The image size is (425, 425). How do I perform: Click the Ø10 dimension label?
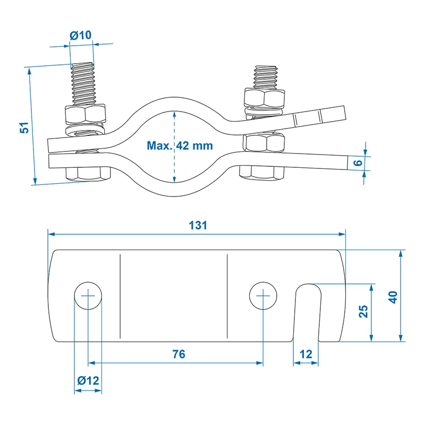(x=81, y=35)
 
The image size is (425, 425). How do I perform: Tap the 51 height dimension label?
(x=24, y=127)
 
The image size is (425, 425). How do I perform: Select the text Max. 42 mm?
(x=180, y=146)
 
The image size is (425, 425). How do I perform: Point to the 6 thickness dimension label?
(x=358, y=163)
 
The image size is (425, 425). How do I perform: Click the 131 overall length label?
(x=198, y=225)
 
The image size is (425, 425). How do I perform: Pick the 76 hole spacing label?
(x=179, y=354)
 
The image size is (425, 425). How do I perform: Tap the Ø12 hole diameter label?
(x=88, y=380)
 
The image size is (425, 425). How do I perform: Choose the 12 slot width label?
(x=306, y=354)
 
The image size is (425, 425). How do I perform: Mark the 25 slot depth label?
(x=363, y=311)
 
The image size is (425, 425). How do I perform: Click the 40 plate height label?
(x=393, y=297)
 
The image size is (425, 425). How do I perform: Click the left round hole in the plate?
(x=88, y=295)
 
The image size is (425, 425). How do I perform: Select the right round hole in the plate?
(x=263, y=295)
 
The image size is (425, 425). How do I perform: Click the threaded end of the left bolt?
(x=83, y=84)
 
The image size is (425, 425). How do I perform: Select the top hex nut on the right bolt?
(x=265, y=98)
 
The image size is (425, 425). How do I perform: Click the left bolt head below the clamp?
(x=88, y=174)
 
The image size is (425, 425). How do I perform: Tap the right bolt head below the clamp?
(x=261, y=171)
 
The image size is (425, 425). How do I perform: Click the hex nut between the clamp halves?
(x=263, y=142)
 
